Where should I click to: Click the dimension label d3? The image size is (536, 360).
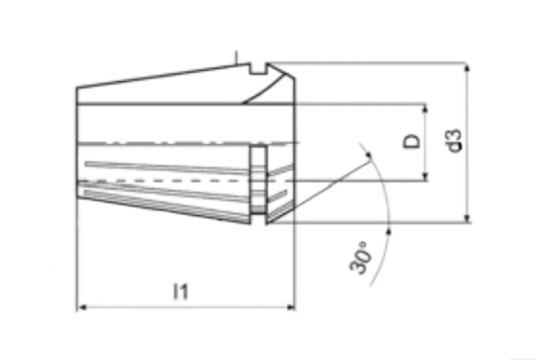456,140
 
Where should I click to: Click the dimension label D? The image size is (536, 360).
412,141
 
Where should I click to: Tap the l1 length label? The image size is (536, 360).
180,291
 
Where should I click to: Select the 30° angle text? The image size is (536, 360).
360,257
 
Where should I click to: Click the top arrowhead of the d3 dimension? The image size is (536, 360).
467,67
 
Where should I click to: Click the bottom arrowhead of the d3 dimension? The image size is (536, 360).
467,218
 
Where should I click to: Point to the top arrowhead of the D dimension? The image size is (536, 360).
425,108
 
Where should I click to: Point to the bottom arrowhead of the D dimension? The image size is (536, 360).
425,176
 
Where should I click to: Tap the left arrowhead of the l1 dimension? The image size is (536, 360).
81,307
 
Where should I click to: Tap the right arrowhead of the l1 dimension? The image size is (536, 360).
290,307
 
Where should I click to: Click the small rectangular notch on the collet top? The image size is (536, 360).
258,69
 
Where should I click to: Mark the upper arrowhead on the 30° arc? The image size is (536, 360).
369,155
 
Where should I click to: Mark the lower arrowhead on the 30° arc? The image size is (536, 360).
389,230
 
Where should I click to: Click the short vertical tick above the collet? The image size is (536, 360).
236,57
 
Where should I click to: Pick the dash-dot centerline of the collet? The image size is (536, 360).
188,143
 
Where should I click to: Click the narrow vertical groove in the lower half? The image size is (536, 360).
258,180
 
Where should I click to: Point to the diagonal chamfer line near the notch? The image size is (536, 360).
264,89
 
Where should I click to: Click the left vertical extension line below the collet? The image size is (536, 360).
77,253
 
